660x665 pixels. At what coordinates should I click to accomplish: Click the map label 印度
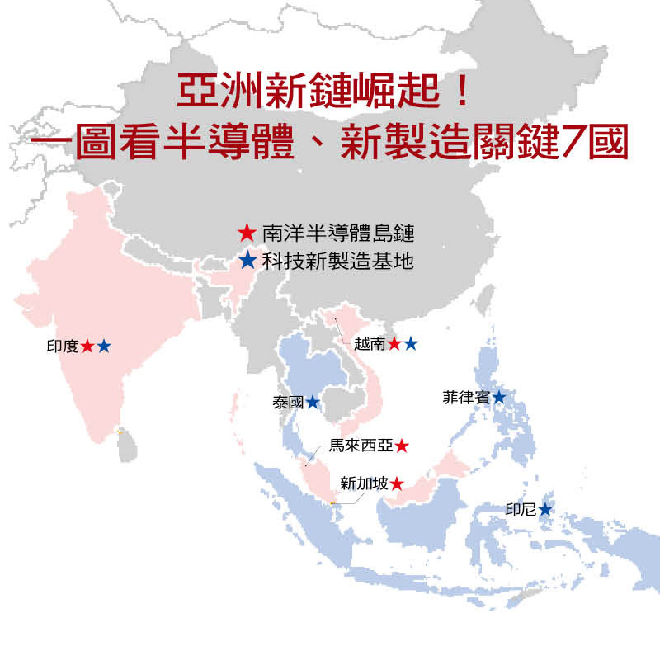[x=63, y=347]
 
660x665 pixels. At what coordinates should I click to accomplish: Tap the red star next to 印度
[x=87, y=347]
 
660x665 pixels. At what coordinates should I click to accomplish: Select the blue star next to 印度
[x=103, y=347]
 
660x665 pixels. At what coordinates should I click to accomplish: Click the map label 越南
[x=370, y=344]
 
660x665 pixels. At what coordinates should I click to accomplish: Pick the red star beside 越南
[x=394, y=344]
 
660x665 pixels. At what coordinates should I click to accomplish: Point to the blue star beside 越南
[x=411, y=344]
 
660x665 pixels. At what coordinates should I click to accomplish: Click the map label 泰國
[x=288, y=403]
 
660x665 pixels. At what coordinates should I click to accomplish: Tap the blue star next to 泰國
[x=313, y=403]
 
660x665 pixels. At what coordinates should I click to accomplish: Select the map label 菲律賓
[x=466, y=398]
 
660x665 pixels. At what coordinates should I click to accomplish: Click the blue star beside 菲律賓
[x=499, y=398]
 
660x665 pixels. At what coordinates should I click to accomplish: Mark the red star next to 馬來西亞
[x=402, y=446]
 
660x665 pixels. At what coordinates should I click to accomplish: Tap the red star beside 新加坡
[x=397, y=483]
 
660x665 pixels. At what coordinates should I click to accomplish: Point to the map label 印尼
[x=521, y=510]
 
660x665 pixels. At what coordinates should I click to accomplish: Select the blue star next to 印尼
[x=545, y=510]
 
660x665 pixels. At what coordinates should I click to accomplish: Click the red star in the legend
[x=247, y=233]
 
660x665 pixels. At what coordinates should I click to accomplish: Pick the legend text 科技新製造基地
[x=337, y=262]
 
